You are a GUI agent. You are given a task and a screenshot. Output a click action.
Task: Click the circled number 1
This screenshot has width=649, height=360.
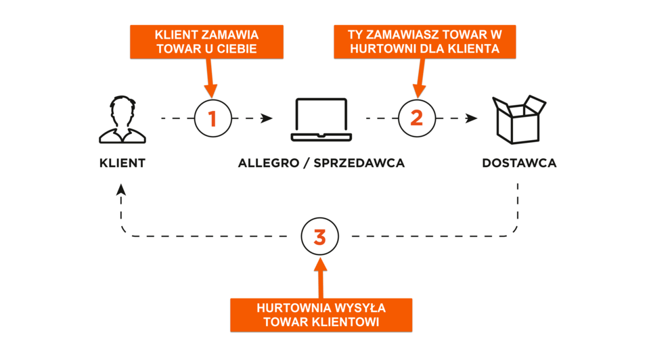click(212, 119)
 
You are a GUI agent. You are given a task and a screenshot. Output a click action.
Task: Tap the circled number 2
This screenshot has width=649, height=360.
click(417, 118)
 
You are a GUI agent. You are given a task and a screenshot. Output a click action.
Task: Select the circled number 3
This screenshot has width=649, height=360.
click(319, 237)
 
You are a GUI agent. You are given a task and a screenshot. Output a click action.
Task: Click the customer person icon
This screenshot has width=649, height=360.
click(122, 120)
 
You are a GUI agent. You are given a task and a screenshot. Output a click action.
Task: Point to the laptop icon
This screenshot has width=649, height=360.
click(321, 120)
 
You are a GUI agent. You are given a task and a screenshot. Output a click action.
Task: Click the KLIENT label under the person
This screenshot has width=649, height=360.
click(122, 163)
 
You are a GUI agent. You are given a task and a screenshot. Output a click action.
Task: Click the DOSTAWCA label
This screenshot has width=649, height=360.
click(519, 163)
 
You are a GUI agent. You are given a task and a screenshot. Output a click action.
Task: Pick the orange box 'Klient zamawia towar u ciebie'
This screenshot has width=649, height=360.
click(206, 41)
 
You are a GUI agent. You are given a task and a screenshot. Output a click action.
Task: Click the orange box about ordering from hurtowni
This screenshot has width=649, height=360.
click(424, 41)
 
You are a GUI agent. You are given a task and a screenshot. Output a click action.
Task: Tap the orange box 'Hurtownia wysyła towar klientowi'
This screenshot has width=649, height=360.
click(321, 315)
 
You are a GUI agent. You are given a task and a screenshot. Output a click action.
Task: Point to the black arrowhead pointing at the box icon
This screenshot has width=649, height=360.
click(472, 118)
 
